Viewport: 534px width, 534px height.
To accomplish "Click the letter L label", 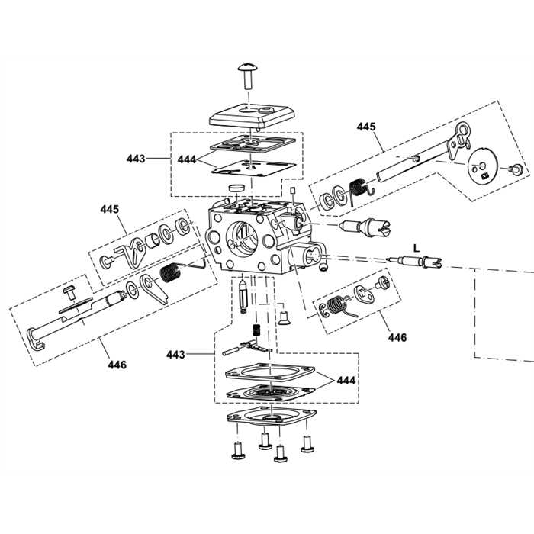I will pyautogui.click(x=416, y=248).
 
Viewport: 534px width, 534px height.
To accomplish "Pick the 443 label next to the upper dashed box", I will pyautogui.click(x=136, y=159).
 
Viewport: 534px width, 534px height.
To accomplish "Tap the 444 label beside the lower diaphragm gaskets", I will pyautogui.click(x=346, y=378).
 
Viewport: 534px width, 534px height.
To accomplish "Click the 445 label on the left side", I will pyautogui.click(x=110, y=208).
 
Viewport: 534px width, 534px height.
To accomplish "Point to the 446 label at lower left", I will pyautogui.click(x=117, y=365).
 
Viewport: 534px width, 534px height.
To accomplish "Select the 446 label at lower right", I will pyautogui.click(x=397, y=336).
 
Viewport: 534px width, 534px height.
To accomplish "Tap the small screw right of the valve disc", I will pyautogui.click(x=516, y=169).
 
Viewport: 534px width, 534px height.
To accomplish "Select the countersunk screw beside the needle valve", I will pyautogui.click(x=285, y=313).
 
